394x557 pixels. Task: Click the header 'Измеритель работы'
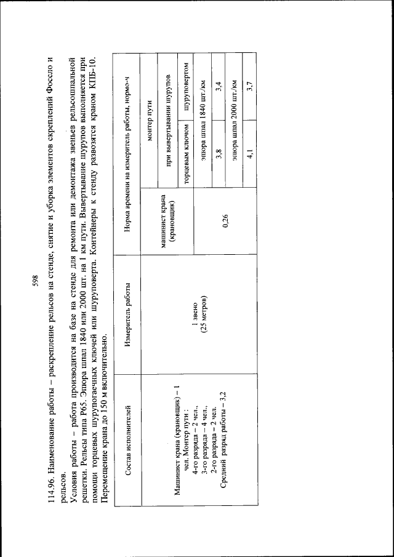[x=129, y=307]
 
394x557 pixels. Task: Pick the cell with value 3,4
[x=219, y=97]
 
